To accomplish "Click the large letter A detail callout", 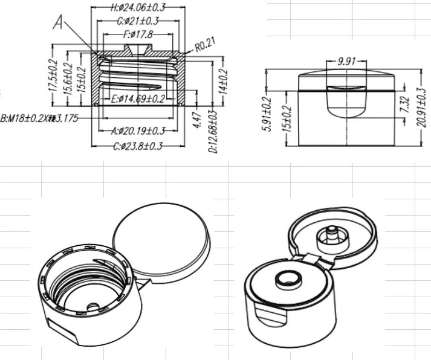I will pyautogui.click(x=59, y=22).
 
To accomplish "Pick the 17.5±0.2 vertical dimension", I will pyautogui.click(x=53, y=74).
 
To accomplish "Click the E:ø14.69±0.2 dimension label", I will pyautogui.click(x=134, y=99).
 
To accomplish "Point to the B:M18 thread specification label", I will pyautogui.click(x=39, y=118).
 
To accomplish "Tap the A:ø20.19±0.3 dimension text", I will pyautogui.click(x=139, y=130).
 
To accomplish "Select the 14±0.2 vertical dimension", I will pyautogui.click(x=223, y=83).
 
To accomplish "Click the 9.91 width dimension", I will pyautogui.click(x=345, y=61).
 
